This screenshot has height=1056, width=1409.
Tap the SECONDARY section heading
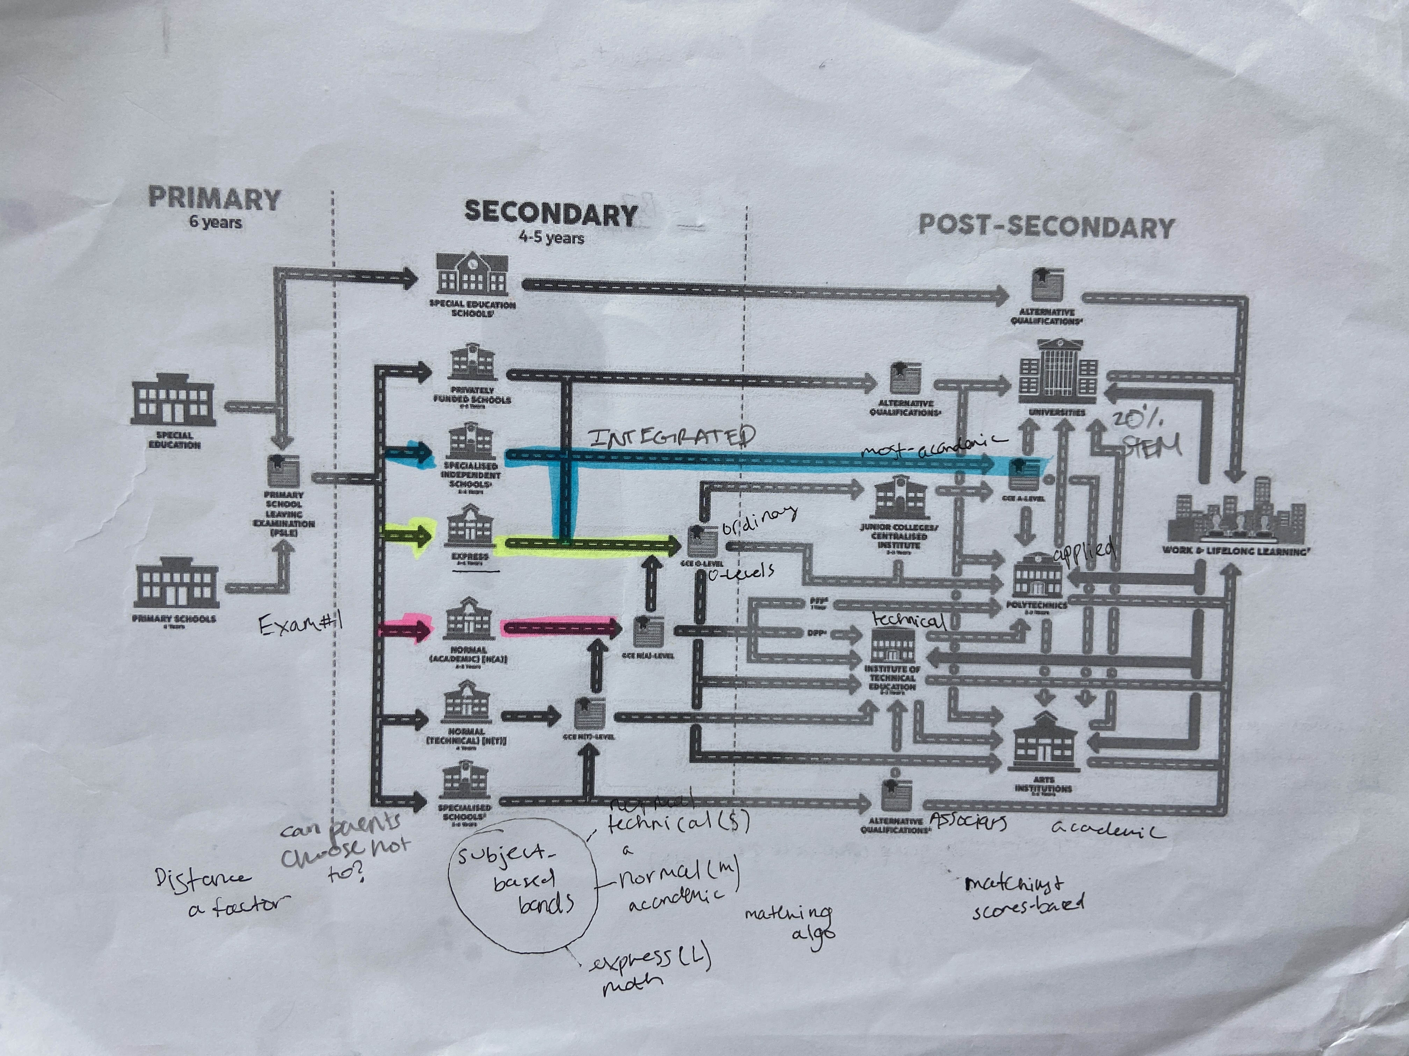[551, 213]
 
